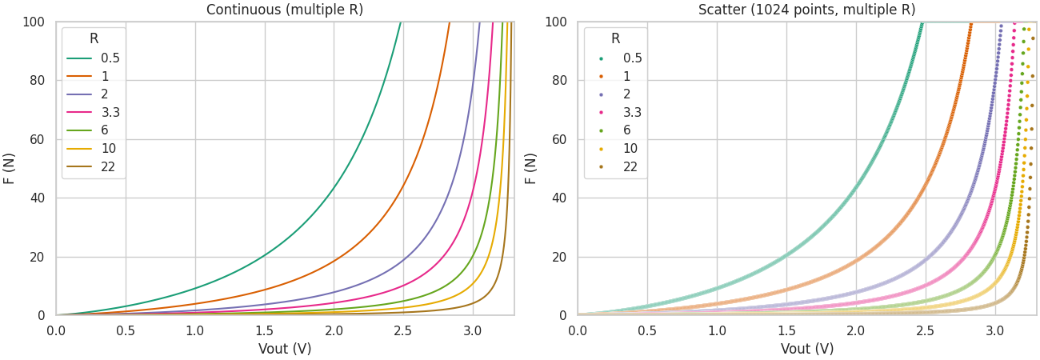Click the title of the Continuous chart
click(x=285, y=10)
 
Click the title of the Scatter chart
click(x=806, y=10)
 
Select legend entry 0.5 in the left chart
click(x=110, y=58)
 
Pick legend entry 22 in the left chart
click(x=108, y=167)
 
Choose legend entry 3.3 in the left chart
click(x=110, y=113)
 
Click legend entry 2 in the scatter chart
click(x=626, y=94)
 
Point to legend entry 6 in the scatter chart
click(x=626, y=130)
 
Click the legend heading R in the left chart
click(x=94, y=39)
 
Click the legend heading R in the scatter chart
click(x=615, y=39)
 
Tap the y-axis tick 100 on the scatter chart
click(x=556, y=22)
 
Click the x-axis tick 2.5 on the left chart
click(x=403, y=330)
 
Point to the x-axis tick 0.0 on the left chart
click(x=56, y=330)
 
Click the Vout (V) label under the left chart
click(x=285, y=349)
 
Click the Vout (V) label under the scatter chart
click(x=806, y=349)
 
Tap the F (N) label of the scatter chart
click(x=531, y=169)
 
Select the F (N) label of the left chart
click(x=10, y=169)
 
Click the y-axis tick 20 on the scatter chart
click(x=559, y=257)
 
